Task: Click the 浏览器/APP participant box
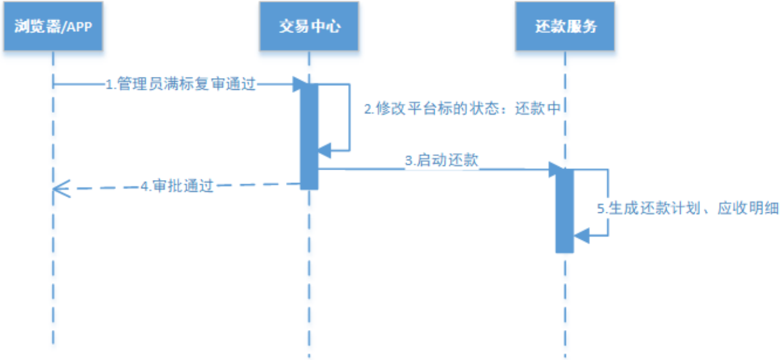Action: pyautogui.click(x=53, y=27)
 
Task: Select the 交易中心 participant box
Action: pyautogui.click(x=309, y=27)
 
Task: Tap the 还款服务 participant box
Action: pyautogui.click(x=565, y=27)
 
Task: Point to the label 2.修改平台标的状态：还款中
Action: pyautogui.click(x=462, y=109)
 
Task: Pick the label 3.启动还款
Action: pyautogui.click(x=442, y=161)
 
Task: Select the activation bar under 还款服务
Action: pyautogui.click(x=565, y=211)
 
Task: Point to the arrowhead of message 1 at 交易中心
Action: pyautogui.click(x=298, y=85)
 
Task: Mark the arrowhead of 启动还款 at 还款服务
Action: pyautogui.click(x=554, y=170)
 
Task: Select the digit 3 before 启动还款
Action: pyautogui.click(x=409, y=161)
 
